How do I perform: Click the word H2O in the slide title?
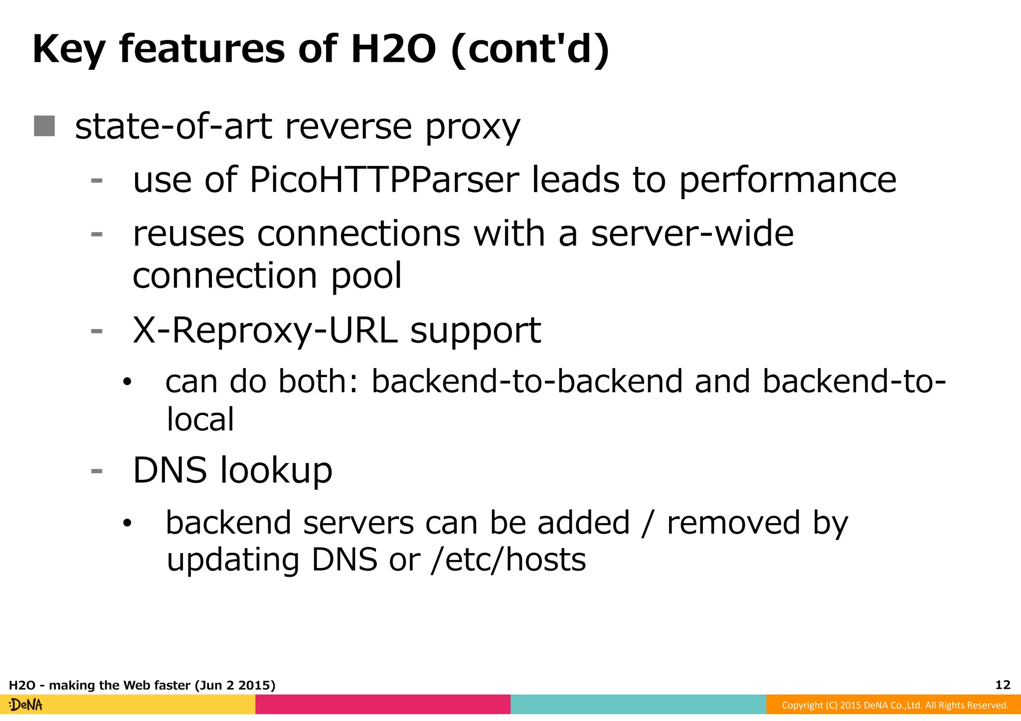pyautogui.click(x=393, y=50)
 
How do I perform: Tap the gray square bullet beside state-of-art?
pyautogui.click(x=44, y=126)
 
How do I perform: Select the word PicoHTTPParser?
pyautogui.click(x=383, y=180)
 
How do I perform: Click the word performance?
pyautogui.click(x=787, y=181)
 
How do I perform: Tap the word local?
pyautogui.click(x=200, y=420)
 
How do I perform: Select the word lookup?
pyautogui.click(x=276, y=471)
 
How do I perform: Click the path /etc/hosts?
pyautogui.click(x=509, y=560)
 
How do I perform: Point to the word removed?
pyautogui.click(x=733, y=523)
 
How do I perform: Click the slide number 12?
pyautogui.click(x=1003, y=685)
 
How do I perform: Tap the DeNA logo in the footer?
pyautogui.click(x=26, y=705)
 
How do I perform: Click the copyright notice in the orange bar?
pyautogui.click(x=895, y=705)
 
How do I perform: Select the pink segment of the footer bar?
pyautogui.click(x=383, y=705)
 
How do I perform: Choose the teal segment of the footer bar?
pyautogui.click(x=638, y=705)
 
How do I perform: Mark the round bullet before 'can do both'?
pyautogui.click(x=128, y=383)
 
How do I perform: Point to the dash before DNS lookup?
pyautogui.click(x=97, y=471)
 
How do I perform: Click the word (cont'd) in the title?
pyautogui.click(x=529, y=50)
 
